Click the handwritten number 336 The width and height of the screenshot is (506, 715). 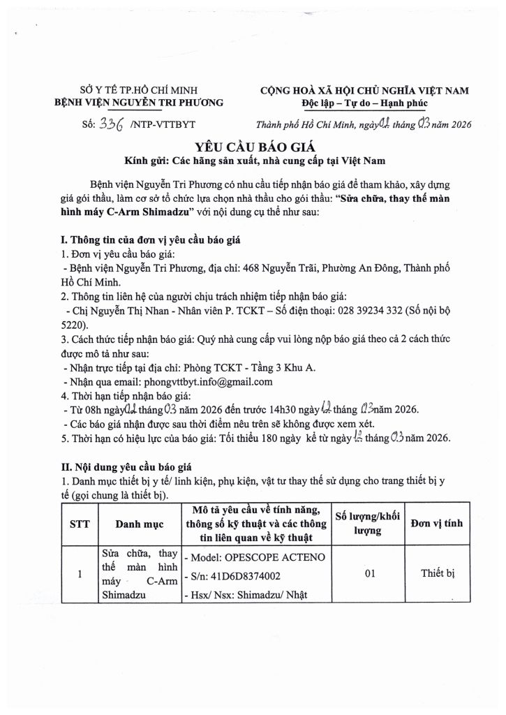112,124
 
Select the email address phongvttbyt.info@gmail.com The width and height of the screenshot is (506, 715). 207,382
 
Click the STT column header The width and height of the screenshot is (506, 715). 79,522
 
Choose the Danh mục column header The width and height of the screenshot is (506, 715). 139,522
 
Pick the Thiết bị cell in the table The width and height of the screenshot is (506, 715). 438,573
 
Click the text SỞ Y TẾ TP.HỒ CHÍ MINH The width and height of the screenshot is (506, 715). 139,90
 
